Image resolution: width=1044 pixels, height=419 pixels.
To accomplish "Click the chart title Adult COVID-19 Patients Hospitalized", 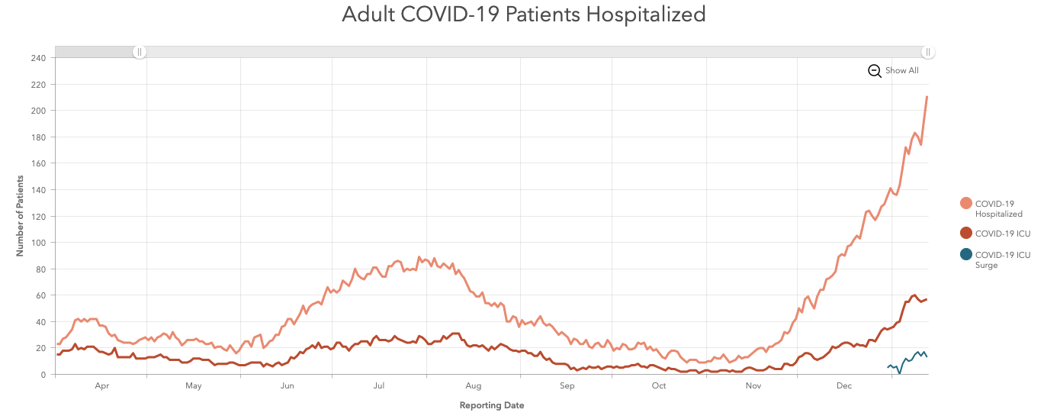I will tap(523, 15).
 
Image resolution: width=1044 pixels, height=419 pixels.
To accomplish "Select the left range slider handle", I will tap(140, 52).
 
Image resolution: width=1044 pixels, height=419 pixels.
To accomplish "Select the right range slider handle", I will tap(927, 52).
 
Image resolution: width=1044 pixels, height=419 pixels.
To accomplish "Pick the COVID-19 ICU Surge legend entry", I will tap(1002, 259).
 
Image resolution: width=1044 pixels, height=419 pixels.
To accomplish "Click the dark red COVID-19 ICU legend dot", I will tap(966, 234).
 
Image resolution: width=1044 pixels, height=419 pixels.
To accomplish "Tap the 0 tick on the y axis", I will tap(44, 375).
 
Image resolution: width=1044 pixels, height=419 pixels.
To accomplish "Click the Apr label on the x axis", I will tap(102, 386).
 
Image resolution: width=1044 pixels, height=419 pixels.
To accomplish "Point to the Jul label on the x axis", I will tap(378, 386).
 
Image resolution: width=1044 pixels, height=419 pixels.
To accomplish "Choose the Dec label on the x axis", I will tap(843, 386).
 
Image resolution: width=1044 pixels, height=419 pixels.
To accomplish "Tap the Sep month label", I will tap(567, 386).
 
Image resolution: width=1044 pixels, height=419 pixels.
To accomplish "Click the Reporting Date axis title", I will tap(491, 405).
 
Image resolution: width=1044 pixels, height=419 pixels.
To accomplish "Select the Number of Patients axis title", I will tap(21, 216).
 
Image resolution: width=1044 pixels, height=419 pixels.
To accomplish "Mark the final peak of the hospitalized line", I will tap(927, 97).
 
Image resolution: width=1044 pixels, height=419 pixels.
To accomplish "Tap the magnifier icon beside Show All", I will tap(875, 71).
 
